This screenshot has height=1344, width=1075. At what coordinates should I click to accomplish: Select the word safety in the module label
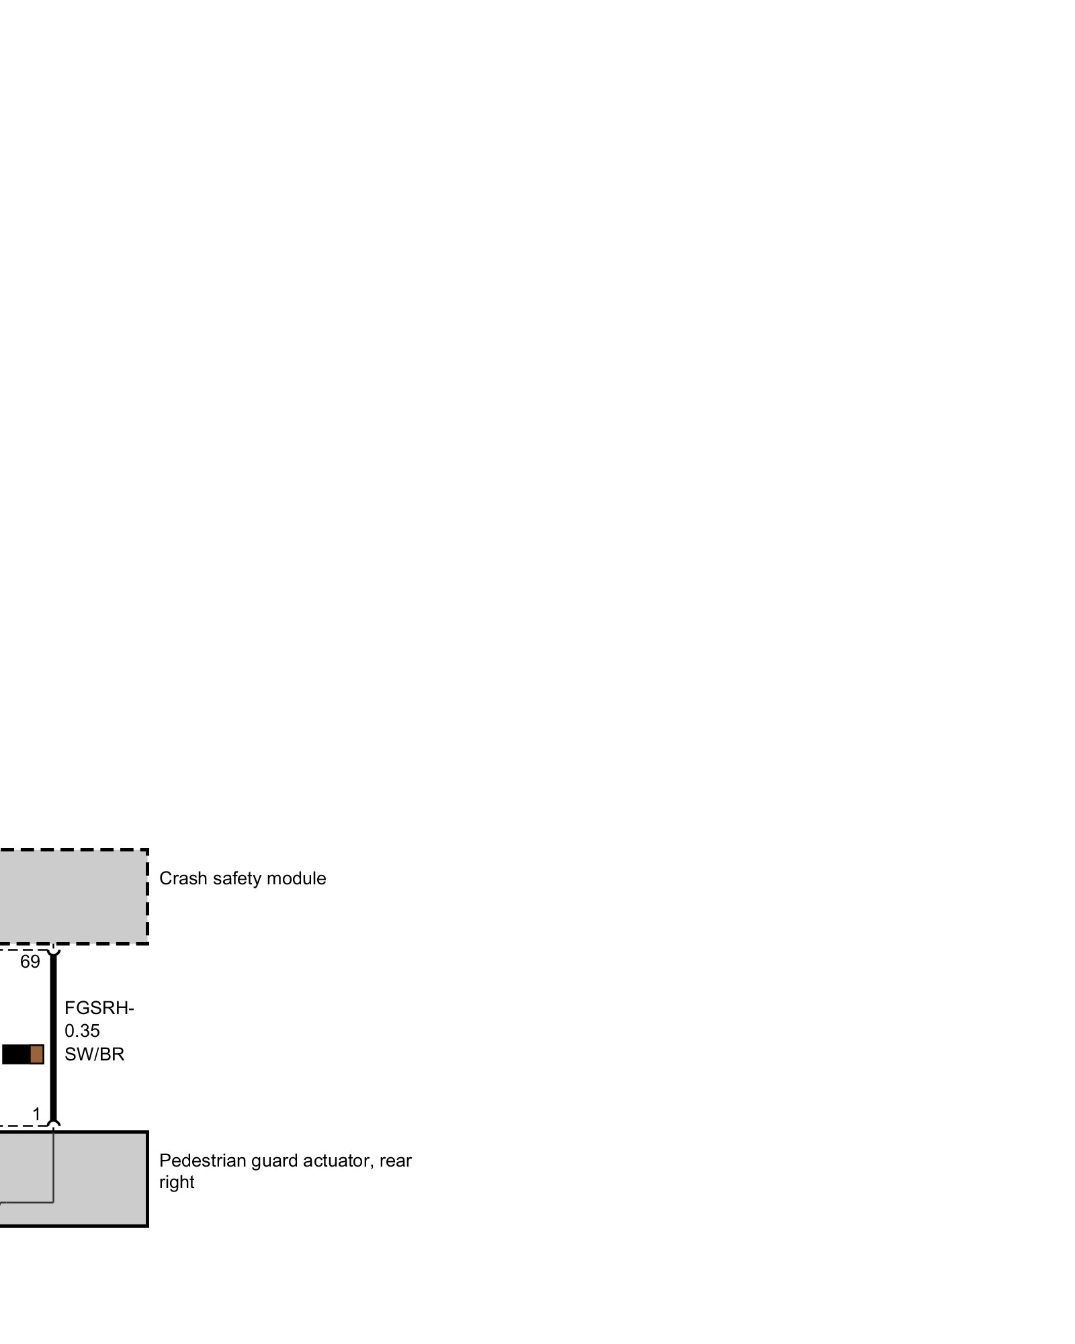click(x=230, y=878)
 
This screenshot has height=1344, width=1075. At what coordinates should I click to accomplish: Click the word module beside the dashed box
click(x=296, y=878)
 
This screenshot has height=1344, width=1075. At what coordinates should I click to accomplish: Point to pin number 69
click(x=30, y=962)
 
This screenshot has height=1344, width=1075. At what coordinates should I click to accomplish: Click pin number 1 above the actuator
click(x=36, y=1114)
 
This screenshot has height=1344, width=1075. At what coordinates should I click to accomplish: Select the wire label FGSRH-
click(x=99, y=1009)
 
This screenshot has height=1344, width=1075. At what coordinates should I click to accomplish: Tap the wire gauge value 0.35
click(x=82, y=1031)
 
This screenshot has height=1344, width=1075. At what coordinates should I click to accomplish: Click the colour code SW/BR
click(x=95, y=1054)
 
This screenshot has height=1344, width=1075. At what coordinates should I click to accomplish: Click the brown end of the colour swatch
click(x=37, y=1054)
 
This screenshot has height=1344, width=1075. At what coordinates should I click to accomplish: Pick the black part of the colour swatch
click(x=16, y=1054)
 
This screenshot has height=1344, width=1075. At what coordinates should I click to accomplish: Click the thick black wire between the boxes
click(x=53, y=1035)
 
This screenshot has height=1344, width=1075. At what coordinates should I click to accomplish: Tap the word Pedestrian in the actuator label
click(x=203, y=1161)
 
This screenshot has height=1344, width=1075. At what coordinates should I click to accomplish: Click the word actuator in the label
click(x=337, y=1161)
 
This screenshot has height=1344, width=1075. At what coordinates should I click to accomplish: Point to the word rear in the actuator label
click(x=396, y=1161)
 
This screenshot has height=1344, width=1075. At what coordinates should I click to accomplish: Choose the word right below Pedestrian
click(x=177, y=1182)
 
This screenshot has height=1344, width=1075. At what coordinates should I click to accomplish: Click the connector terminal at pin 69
click(x=53, y=949)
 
